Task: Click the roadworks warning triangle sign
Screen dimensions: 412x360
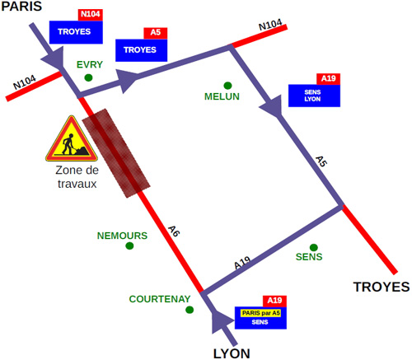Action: tap(72, 140)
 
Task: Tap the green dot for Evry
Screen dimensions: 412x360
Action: tap(88, 77)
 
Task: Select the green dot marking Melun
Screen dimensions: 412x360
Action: tap(227, 86)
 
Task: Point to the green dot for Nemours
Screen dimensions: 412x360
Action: tap(129, 245)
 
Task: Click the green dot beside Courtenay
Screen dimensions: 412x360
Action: tap(190, 310)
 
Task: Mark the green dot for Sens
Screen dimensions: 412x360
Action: tap(314, 247)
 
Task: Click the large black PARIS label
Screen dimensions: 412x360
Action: tap(21, 6)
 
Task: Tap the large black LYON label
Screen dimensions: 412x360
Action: tap(232, 353)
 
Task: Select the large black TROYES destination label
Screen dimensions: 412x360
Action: tap(382, 287)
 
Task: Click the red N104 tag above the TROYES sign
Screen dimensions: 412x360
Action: tap(91, 15)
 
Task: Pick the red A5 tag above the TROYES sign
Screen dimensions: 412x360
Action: tap(156, 33)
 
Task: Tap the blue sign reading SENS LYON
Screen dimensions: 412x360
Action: tap(314, 96)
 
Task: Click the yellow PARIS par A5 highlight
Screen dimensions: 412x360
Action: tap(260, 313)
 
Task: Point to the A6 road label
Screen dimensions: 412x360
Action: tap(174, 231)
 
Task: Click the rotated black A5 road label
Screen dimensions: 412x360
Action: tap(321, 161)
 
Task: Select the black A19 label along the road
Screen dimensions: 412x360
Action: tap(242, 263)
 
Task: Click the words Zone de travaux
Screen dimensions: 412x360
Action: tap(77, 177)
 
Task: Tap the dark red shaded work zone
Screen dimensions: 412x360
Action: tap(116, 153)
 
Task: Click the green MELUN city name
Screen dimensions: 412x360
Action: tap(222, 96)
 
